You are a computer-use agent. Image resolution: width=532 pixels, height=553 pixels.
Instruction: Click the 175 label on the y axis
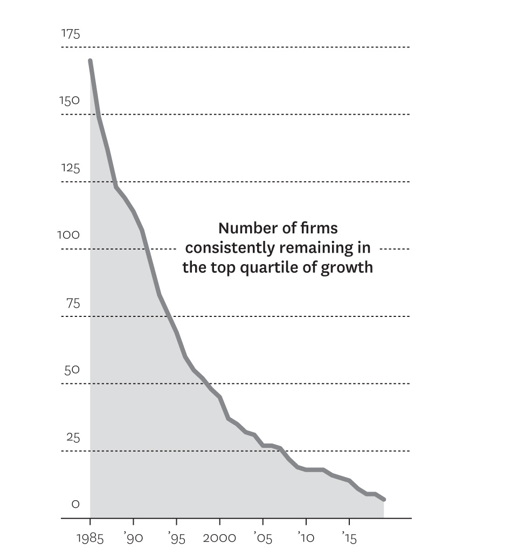[x=71, y=34]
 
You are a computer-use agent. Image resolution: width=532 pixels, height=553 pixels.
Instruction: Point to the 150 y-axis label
[x=70, y=101]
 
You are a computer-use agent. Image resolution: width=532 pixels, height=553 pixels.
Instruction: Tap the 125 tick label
[x=70, y=169]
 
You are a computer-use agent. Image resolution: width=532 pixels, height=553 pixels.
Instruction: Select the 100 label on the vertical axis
[x=68, y=236]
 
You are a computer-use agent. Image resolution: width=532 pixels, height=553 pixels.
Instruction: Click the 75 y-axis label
[x=73, y=303]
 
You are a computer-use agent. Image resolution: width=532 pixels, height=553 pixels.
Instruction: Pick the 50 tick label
[x=72, y=370]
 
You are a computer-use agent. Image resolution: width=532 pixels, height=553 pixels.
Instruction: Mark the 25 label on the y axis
[x=73, y=438]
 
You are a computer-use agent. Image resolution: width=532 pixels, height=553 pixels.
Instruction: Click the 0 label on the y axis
[x=75, y=504]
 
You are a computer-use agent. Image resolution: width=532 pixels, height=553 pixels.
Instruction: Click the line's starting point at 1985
[x=90, y=61]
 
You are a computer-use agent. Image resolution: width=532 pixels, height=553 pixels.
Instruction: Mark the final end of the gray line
[x=384, y=500]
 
